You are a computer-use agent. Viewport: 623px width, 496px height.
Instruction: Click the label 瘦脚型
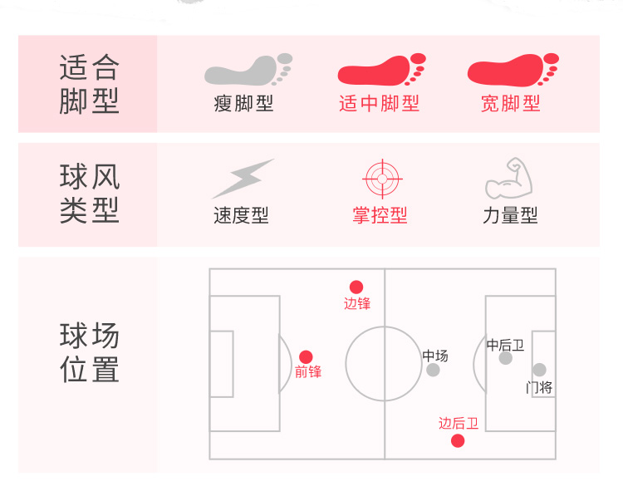[x=243, y=104]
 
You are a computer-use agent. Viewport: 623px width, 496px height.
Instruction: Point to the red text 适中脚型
[x=379, y=104]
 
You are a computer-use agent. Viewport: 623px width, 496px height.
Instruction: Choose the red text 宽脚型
[x=510, y=104]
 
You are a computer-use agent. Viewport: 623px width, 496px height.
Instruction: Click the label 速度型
[x=241, y=216]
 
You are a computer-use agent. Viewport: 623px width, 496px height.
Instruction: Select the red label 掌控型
[x=380, y=216]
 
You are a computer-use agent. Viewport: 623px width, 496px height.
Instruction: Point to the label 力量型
[x=510, y=216]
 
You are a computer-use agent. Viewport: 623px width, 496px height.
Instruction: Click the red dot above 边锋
[x=356, y=287]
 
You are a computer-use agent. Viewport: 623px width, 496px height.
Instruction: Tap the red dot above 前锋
[x=306, y=356]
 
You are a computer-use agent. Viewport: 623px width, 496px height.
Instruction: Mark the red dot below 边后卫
[x=458, y=440]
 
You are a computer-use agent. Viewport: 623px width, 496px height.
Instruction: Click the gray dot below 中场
[x=433, y=370]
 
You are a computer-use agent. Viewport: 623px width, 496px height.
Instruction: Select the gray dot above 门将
[x=539, y=370]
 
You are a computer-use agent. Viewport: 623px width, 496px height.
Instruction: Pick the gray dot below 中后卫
[x=505, y=358]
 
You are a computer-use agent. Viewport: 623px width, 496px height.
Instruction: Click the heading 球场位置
[x=89, y=353]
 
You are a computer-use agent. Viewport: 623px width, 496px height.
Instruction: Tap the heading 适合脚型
[x=89, y=84]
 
